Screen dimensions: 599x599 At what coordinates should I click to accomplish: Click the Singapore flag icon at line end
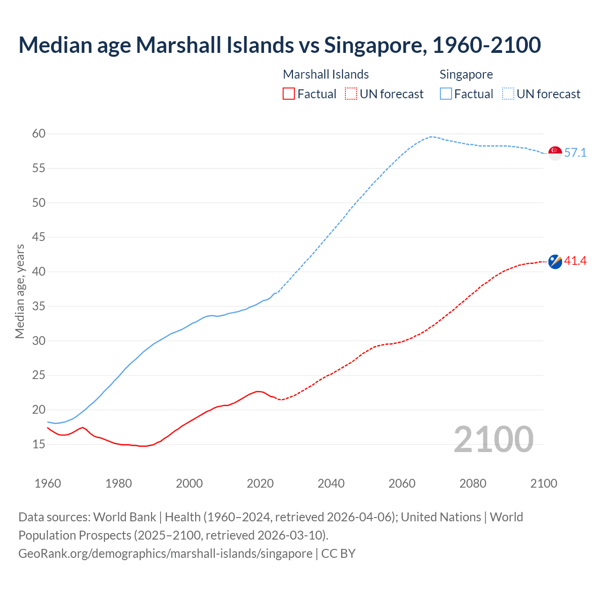(555, 153)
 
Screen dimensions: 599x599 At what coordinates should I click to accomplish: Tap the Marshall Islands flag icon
(555, 262)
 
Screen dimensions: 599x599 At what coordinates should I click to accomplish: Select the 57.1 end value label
(575, 153)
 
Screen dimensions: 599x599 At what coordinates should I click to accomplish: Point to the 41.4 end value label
(575, 261)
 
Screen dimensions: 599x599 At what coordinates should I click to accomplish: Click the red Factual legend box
(289, 94)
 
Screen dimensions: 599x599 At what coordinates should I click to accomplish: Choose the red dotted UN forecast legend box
(351, 94)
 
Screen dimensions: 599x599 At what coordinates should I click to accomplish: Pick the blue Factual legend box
(446, 94)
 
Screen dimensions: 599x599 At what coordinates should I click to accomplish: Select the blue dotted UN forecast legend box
(508, 94)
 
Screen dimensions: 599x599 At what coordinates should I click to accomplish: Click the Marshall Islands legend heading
(326, 74)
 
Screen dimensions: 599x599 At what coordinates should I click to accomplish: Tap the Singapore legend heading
(466, 74)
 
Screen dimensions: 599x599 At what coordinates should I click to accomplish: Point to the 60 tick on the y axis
(39, 134)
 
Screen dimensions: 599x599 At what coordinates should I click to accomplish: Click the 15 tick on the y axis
(39, 444)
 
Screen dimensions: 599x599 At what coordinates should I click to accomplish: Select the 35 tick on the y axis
(39, 307)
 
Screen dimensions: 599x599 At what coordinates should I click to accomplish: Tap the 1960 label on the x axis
(48, 483)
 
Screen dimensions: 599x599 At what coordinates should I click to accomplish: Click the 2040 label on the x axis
(331, 483)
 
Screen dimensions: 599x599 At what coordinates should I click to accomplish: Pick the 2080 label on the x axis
(473, 483)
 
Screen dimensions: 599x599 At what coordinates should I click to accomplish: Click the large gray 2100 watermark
(493, 439)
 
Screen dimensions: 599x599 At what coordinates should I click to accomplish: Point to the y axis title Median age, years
(20, 291)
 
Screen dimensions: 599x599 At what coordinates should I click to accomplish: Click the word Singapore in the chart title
(375, 45)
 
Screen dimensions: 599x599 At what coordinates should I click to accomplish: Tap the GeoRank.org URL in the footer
(165, 554)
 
